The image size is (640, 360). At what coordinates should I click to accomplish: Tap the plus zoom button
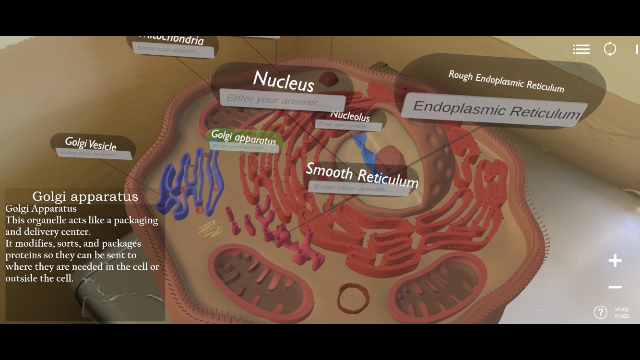pyautogui.click(x=615, y=261)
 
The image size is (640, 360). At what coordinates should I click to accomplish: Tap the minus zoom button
pyautogui.click(x=615, y=287)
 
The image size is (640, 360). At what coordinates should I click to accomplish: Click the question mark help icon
pyautogui.click(x=600, y=312)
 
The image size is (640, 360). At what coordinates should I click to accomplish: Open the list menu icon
pyautogui.click(x=581, y=49)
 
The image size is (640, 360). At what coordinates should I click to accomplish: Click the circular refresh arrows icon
pyautogui.click(x=610, y=49)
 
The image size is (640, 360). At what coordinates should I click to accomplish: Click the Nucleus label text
pyautogui.click(x=284, y=81)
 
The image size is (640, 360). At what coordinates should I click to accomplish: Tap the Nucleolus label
pyautogui.click(x=350, y=116)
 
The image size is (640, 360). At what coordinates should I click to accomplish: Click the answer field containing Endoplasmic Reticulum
pyautogui.click(x=496, y=110)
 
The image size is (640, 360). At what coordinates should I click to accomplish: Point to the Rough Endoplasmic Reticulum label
pyautogui.click(x=506, y=81)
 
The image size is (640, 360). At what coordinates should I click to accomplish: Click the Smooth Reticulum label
pyautogui.click(x=362, y=174)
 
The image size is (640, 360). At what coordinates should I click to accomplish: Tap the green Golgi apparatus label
pyautogui.click(x=244, y=137)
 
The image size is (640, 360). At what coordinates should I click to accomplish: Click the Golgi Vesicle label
pyautogui.click(x=91, y=143)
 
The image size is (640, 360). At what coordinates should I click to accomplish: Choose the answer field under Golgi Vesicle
pyautogui.click(x=94, y=154)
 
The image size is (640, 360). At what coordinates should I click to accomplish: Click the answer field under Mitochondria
pyautogui.click(x=173, y=50)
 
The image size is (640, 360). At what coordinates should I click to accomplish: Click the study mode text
pyautogui.click(x=621, y=312)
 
